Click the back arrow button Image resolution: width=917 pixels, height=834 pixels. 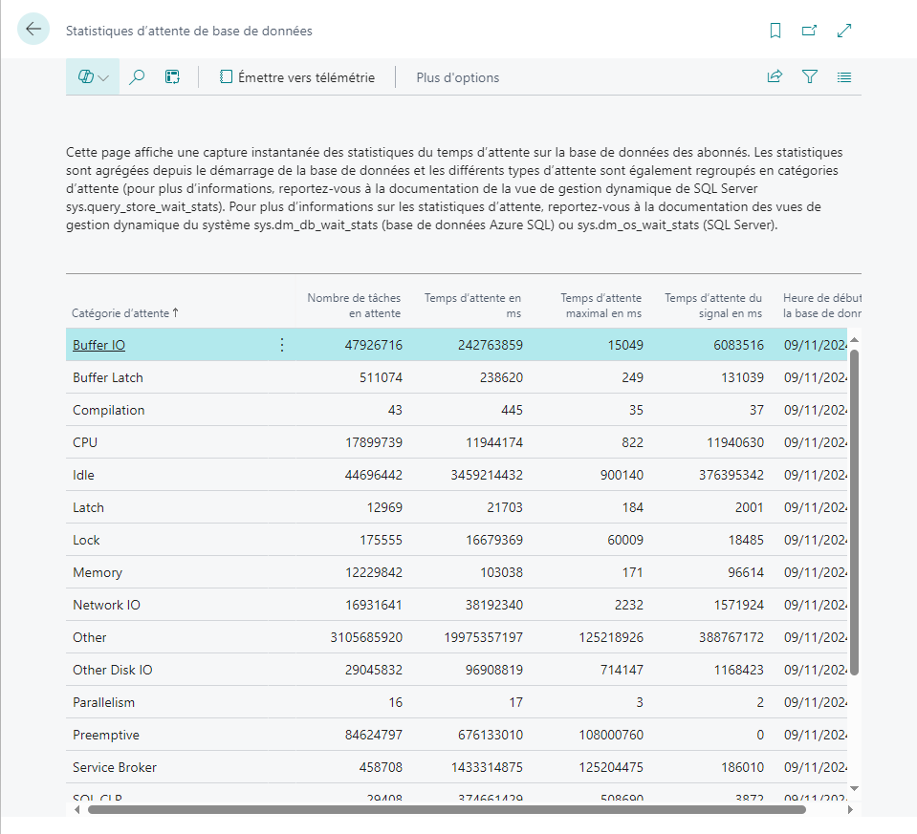click(x=33, y=30)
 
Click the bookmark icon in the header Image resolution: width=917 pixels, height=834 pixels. click(x=775, y=31)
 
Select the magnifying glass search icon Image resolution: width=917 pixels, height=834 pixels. click(x=137, y=77)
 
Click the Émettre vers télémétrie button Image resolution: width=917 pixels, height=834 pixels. click(x=296, y=77)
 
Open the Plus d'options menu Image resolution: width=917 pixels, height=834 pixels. click(x=457, y=77)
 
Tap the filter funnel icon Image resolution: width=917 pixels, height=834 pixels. click(x=810, y=77)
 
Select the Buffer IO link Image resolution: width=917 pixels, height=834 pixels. click(x=98, y=345)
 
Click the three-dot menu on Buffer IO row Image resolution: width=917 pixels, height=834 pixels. click(x=281, y=345)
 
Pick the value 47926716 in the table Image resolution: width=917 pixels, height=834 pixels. click(x=374, y=345)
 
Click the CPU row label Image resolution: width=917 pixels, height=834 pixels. click(x=85, y=442)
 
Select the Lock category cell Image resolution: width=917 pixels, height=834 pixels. click(x=86, y=540)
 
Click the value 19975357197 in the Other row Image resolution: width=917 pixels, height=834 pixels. click(x=475, y=637)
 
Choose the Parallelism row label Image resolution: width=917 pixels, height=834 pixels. click(x=103, y=702)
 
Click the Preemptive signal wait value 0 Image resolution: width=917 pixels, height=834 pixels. click(x=759, y=735)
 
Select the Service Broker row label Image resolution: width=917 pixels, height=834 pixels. click(x=115, y=767)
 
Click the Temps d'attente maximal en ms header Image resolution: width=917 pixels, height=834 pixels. click(x=600, y=306)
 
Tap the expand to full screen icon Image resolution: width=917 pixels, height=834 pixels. click(x=844, y=31)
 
